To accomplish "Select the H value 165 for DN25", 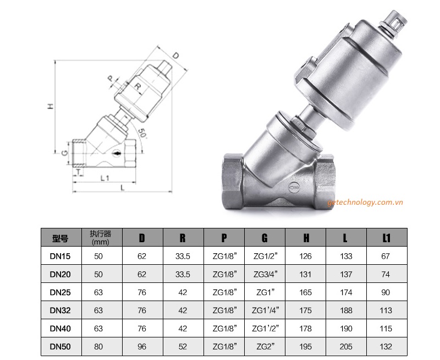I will coord(305,292).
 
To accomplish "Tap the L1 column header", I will coord(386,238).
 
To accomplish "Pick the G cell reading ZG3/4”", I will coord(265,274).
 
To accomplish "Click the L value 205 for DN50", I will coord(346,346).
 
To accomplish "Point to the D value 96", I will coord(142,346).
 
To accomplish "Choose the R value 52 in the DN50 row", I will coord(184,346).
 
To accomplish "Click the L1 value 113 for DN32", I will coord(386,310).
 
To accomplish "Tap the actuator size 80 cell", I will coord(98,346).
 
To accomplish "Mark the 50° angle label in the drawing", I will coord(142,133).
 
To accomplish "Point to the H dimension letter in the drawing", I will coord(50,106).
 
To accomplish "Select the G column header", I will coord(265,238).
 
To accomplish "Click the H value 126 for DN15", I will coord(305,257).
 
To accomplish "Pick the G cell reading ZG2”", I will coord(265,346).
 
